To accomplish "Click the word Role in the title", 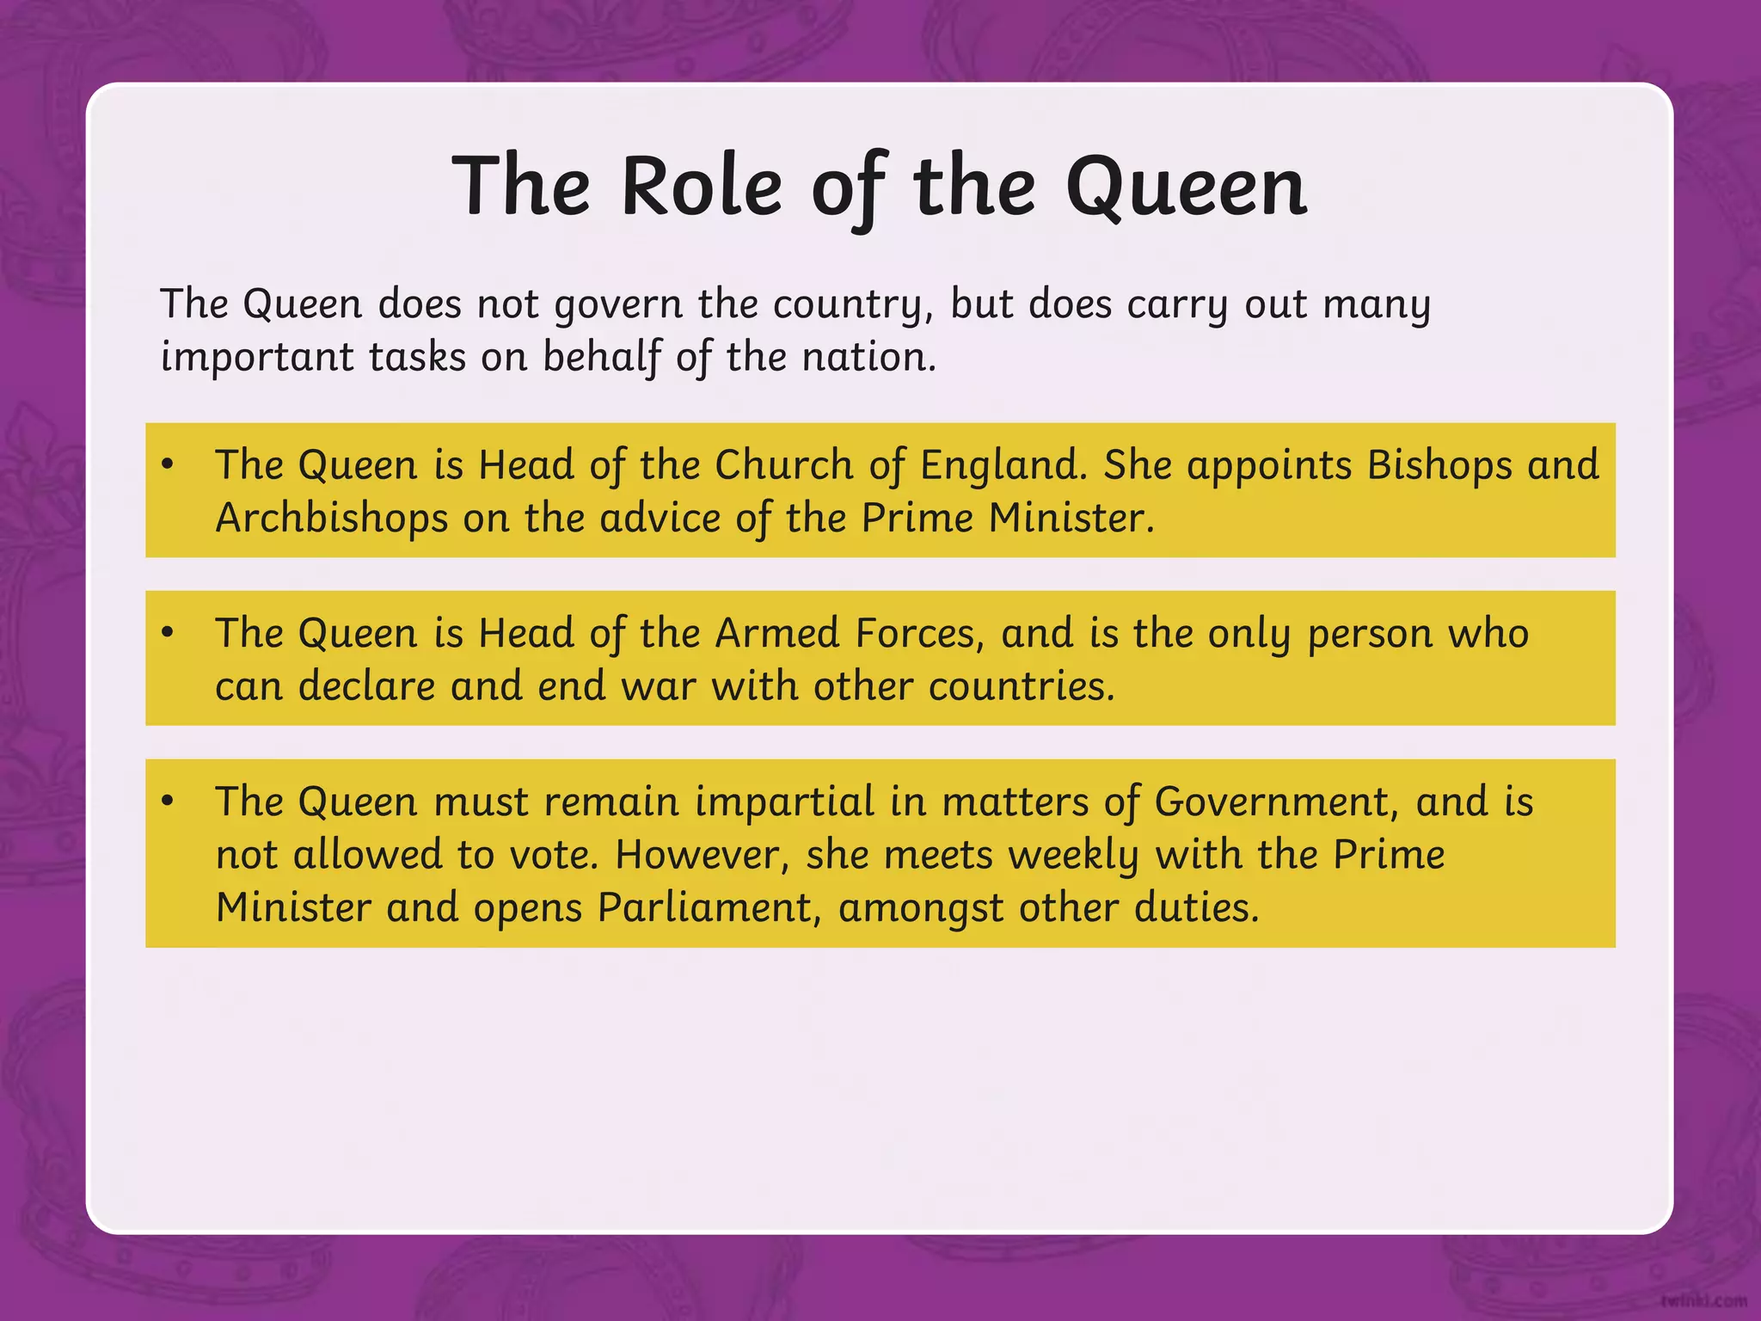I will (x=701, y=187).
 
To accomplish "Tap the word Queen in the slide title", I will (x=1186, y=187).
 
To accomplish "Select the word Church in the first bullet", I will (x=783, y=465).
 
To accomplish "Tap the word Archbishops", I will (x=331, y=519).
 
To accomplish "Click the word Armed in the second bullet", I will (x=776, y=634).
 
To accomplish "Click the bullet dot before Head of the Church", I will (x=168, y=464).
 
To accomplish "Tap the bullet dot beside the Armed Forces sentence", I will (x=168, y=633).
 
